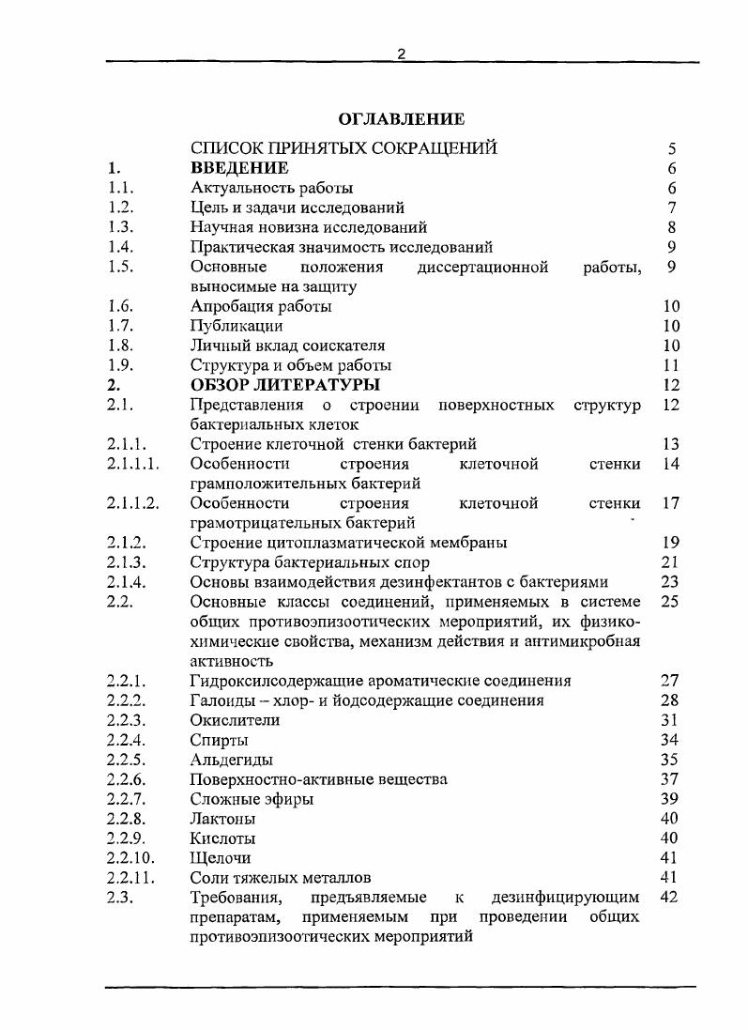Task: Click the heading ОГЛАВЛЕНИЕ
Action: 401,119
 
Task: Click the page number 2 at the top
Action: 401,54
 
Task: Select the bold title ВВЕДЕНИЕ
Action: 238,168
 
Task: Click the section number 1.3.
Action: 121,227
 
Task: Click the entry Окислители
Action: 235,720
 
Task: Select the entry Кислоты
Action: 222,838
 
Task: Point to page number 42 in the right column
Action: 668,897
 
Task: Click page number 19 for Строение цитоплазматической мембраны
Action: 669,542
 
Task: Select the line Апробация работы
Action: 260,306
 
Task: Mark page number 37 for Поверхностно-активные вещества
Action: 668,779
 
